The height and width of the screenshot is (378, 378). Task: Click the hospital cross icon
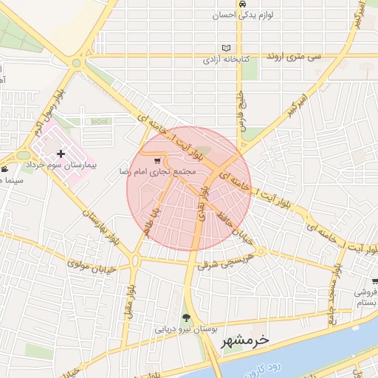point(61,154)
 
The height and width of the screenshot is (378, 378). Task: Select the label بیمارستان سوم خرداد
point(62,166)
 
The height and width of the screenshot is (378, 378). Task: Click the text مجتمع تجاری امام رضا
point(157,171)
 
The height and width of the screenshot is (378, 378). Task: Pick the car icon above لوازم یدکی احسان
point(244,4)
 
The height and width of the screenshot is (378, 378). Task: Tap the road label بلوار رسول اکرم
point(50,111)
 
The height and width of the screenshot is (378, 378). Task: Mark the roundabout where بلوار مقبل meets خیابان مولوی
point(135,259)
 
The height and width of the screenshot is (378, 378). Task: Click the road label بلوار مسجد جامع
point(336,281)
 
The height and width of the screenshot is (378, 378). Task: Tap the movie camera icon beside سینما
point(5,170)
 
